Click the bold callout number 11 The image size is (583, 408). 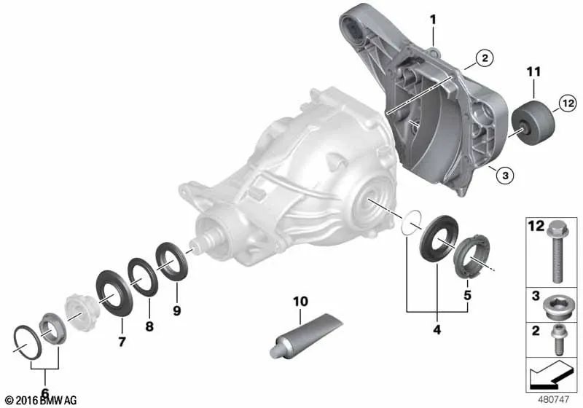pos(535,71)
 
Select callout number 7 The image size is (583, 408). pos(122,340)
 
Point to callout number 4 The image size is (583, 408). pos(437,329)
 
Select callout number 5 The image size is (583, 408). pos(466,295)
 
